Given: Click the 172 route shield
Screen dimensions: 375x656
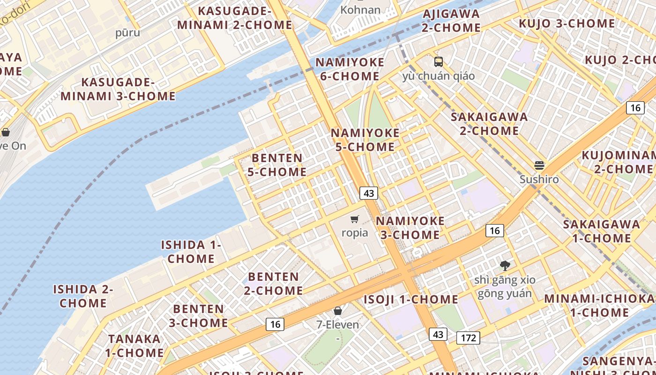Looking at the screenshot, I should (468, 337).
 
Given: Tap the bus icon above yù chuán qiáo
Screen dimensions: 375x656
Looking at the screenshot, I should (439, 61).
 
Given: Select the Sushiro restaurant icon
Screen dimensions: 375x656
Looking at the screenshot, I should (539, 165).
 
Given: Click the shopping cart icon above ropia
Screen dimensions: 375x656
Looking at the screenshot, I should (355, 219).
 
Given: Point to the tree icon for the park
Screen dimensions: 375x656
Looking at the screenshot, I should (505, 266).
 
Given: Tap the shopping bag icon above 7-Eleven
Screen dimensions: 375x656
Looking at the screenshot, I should (337, 310).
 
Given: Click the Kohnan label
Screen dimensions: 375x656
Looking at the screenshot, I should (360, 10).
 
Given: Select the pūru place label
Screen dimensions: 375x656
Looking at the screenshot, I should (128, 33).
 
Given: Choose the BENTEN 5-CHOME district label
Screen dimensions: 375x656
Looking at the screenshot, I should (277, 165).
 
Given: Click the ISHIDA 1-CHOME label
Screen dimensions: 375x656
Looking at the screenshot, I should (191, 252).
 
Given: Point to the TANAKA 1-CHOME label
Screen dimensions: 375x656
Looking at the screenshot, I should (134, 345).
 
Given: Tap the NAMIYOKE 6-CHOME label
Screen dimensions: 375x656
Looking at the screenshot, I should (350, 69).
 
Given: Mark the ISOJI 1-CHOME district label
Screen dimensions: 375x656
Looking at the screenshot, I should (411, 299).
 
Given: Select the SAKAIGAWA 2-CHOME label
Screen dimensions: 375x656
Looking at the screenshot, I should (489, 124).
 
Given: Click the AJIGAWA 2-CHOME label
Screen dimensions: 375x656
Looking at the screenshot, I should (451, 21).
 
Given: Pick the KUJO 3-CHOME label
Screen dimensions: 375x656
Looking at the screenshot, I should (567, 23).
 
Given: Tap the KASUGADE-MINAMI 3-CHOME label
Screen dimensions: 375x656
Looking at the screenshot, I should (118, 89).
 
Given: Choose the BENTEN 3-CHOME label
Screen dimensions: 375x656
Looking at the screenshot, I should (198, 316).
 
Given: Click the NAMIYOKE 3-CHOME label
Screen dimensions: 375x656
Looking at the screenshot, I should (410, 227).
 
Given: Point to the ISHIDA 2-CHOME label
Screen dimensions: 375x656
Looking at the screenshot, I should (83, 296).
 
